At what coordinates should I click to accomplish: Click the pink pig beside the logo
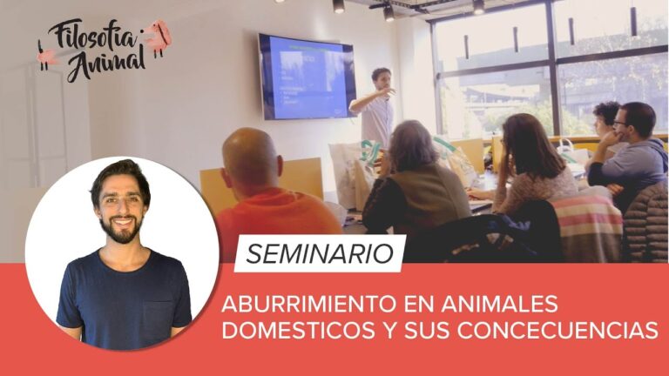[x=158, y=37]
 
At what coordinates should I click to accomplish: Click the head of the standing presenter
[x=381, y=77]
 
